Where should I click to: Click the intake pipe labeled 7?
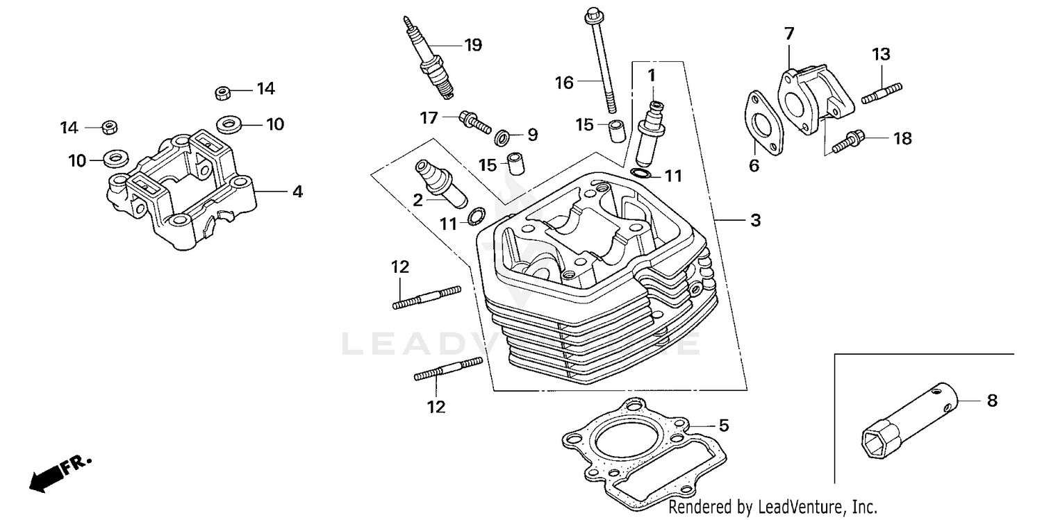[x=810, y=100]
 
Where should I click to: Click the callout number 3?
[x=755, y=221]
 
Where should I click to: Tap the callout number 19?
[x=472, y=45]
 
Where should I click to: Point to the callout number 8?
[x=992, y=401]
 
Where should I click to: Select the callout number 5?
[x=723, y=426]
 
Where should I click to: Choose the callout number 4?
[x=297, y=191]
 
